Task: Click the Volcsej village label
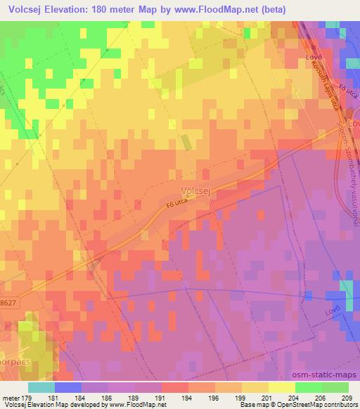(197, 190)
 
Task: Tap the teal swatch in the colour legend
(41, 387)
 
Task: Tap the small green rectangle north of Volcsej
(186, 142)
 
